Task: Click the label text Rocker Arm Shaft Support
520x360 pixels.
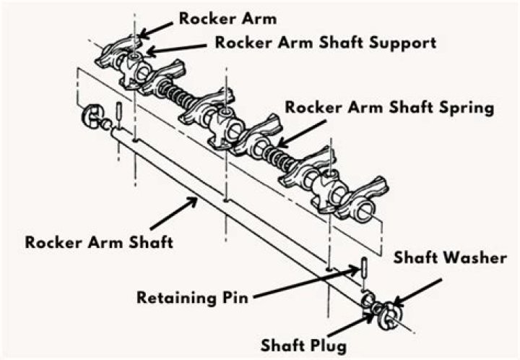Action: pyautogui.click(x=325, y=43)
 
